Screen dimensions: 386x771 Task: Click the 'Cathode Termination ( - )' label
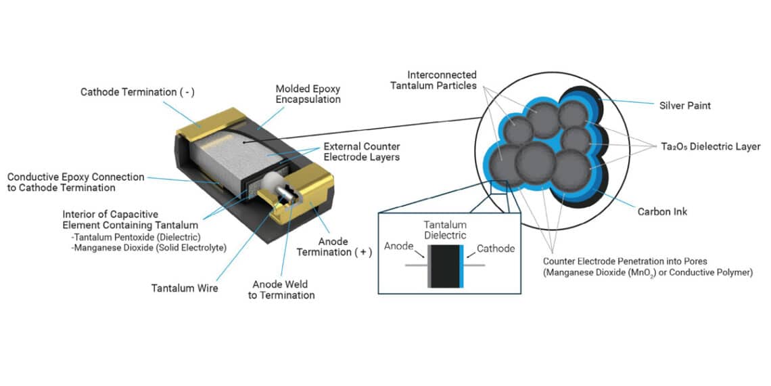(137, 91)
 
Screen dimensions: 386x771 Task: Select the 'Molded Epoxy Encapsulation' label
(308, 94)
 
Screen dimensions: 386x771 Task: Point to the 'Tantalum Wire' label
(185, 288)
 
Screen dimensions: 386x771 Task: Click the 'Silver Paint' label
(685, 106)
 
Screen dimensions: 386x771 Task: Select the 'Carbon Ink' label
(662, 212)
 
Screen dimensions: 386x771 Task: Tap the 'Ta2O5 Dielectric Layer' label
(709, 146)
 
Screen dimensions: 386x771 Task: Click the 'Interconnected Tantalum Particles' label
(442, 80)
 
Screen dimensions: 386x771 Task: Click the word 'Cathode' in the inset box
(496, 249)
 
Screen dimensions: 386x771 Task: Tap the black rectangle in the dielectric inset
(443, 266)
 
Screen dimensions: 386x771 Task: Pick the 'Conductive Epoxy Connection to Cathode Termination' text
(76, 182)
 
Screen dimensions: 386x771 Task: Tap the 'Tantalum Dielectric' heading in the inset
(445, 230)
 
